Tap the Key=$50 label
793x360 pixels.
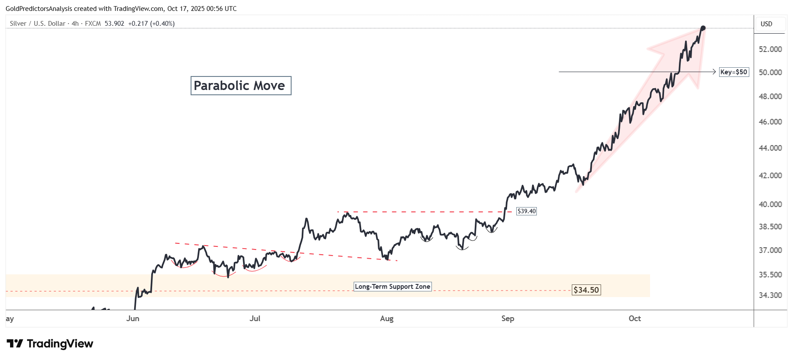click(x=734, y=72)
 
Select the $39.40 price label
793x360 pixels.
click(x=526, y=211)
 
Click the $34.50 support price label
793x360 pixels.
click(x=586, y=290)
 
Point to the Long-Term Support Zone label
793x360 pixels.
click(x=392, y=287)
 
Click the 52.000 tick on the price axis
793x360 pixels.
click(x=770, y=49)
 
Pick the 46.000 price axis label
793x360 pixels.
click(x=770, y=122)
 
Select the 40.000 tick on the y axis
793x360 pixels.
click(x=770, y=204)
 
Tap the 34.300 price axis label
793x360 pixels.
click(x=770, y=295)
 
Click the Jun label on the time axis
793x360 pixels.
click(x=133, y=318)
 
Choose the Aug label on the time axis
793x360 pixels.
click(x=387, y=318)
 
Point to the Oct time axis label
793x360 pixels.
click(x=635, y=318)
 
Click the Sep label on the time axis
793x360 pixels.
click(x=508, y=318)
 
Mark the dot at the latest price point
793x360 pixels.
click(x=703, y=28)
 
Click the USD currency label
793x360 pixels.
click(x=766, y=24)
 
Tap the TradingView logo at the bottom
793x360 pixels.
click(x=50, y=344)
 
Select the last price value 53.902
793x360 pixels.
click(x=115, y=24)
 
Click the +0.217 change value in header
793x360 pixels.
click(x=138, y=24)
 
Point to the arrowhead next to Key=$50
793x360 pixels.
click(x=714, y=72)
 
